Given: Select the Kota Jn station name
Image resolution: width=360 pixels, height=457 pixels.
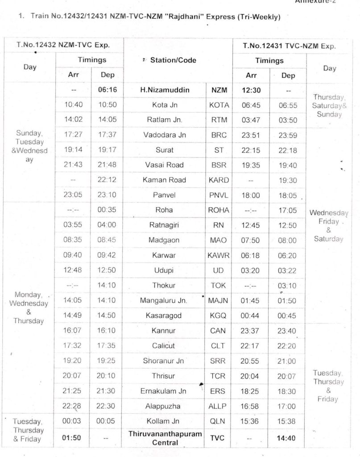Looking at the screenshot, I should pos(164,105).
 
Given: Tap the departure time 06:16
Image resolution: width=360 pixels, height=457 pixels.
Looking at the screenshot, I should pos(107,90).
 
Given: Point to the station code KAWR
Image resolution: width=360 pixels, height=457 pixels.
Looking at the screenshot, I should pos(219,255).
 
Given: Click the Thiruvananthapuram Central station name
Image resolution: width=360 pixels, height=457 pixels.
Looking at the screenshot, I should pos(165,438).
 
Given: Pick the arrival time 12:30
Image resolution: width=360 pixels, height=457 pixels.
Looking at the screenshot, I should pos(251,90).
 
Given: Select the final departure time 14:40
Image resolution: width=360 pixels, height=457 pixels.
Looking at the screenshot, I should pos(286,438).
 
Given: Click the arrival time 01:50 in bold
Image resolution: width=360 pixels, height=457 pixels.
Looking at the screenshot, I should pos(72,437).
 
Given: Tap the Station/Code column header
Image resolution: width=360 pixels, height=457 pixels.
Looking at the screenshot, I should pos(171,60).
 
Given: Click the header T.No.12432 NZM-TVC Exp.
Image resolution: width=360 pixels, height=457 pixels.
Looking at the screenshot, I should pos(63,45).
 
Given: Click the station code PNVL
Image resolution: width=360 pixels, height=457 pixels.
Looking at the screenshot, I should pos(219,195).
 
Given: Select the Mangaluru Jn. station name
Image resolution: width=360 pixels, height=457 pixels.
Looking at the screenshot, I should pos(164,300).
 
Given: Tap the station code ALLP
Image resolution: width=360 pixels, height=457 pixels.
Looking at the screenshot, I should pos(219,406).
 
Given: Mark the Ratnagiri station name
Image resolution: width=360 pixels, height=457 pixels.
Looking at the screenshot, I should pos(164,225).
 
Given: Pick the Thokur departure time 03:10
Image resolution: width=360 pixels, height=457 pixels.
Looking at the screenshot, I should pos(287,285).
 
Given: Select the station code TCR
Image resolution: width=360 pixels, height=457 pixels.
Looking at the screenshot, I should pos(219,376).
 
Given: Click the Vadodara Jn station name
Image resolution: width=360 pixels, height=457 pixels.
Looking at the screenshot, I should pos(165,135).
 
